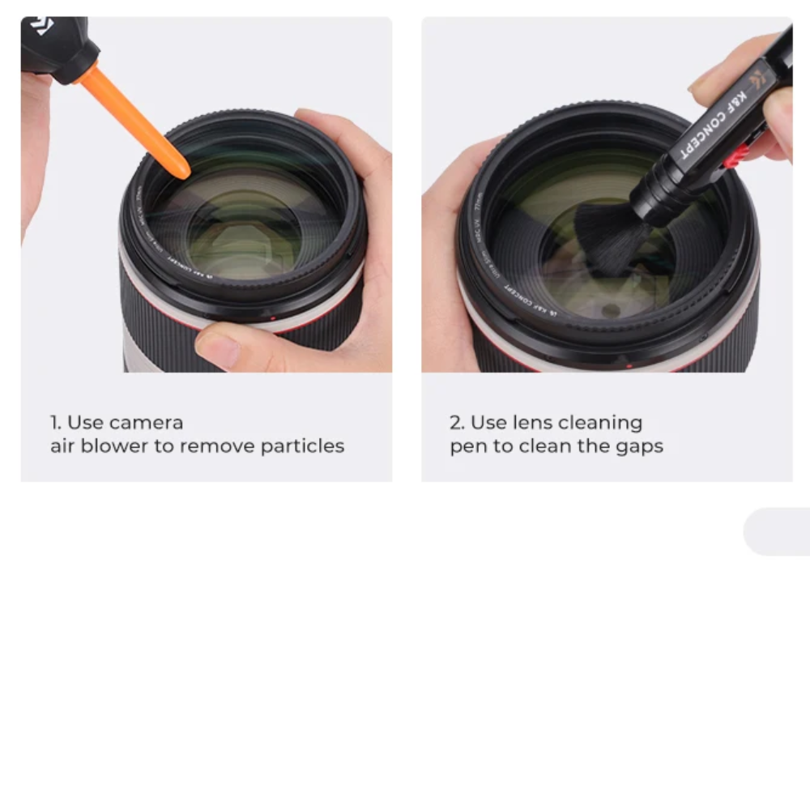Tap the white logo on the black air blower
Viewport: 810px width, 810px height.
pos(39,26)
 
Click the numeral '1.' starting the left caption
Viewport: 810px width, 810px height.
pos(55,423)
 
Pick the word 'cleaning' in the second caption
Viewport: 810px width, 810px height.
pos(600,423)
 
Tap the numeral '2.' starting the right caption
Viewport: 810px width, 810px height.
pos(457,423)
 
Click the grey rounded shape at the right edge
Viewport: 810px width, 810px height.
pos(778,531)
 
